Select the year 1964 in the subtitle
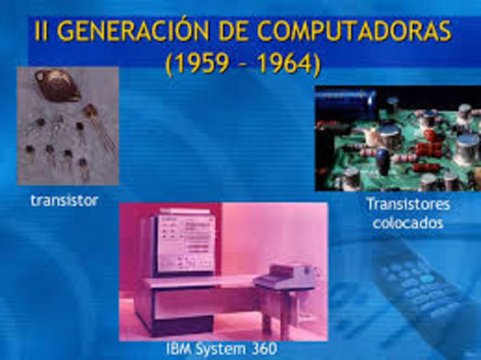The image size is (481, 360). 287,63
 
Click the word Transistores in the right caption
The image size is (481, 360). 408,204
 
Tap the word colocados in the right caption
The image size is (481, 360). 408,222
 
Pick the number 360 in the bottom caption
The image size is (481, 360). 261,349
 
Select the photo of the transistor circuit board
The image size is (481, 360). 398,138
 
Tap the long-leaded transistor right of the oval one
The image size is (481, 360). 96,120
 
